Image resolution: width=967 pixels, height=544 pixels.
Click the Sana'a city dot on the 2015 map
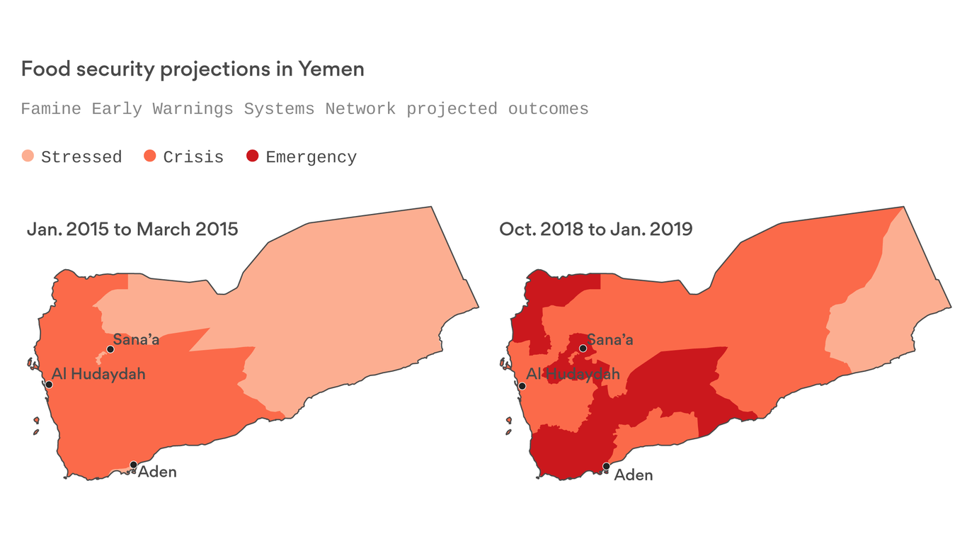[x=110, y=348]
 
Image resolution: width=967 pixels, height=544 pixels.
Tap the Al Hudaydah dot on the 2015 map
[x=49, y=385]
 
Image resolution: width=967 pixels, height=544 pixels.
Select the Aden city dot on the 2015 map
[x=133, y=465]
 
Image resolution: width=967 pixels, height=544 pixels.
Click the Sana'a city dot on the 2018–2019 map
[x=583, y=348]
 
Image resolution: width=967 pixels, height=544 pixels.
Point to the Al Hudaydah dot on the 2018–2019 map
[x=522, y=386]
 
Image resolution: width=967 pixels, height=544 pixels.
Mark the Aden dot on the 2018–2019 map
[x=606, y=466]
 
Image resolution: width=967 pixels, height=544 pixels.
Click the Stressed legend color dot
[x=28, y=156]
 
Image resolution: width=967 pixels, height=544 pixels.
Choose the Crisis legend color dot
[x=150, y=156]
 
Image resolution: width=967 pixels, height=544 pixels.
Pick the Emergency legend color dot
[x=253, y=156]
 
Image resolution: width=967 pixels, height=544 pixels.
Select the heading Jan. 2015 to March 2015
[x=132, y=229]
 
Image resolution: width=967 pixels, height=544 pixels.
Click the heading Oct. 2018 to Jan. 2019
[x=595, y=229]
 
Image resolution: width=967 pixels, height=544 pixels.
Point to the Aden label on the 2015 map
[x=157, y=472]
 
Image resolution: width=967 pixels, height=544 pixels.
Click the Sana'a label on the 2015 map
[x=137, y=339]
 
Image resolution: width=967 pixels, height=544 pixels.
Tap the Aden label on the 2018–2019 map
[x=634, y=475]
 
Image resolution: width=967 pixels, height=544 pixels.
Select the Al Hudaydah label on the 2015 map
[x=98, y=373]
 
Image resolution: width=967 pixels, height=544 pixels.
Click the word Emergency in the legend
[x=311, y=157]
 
